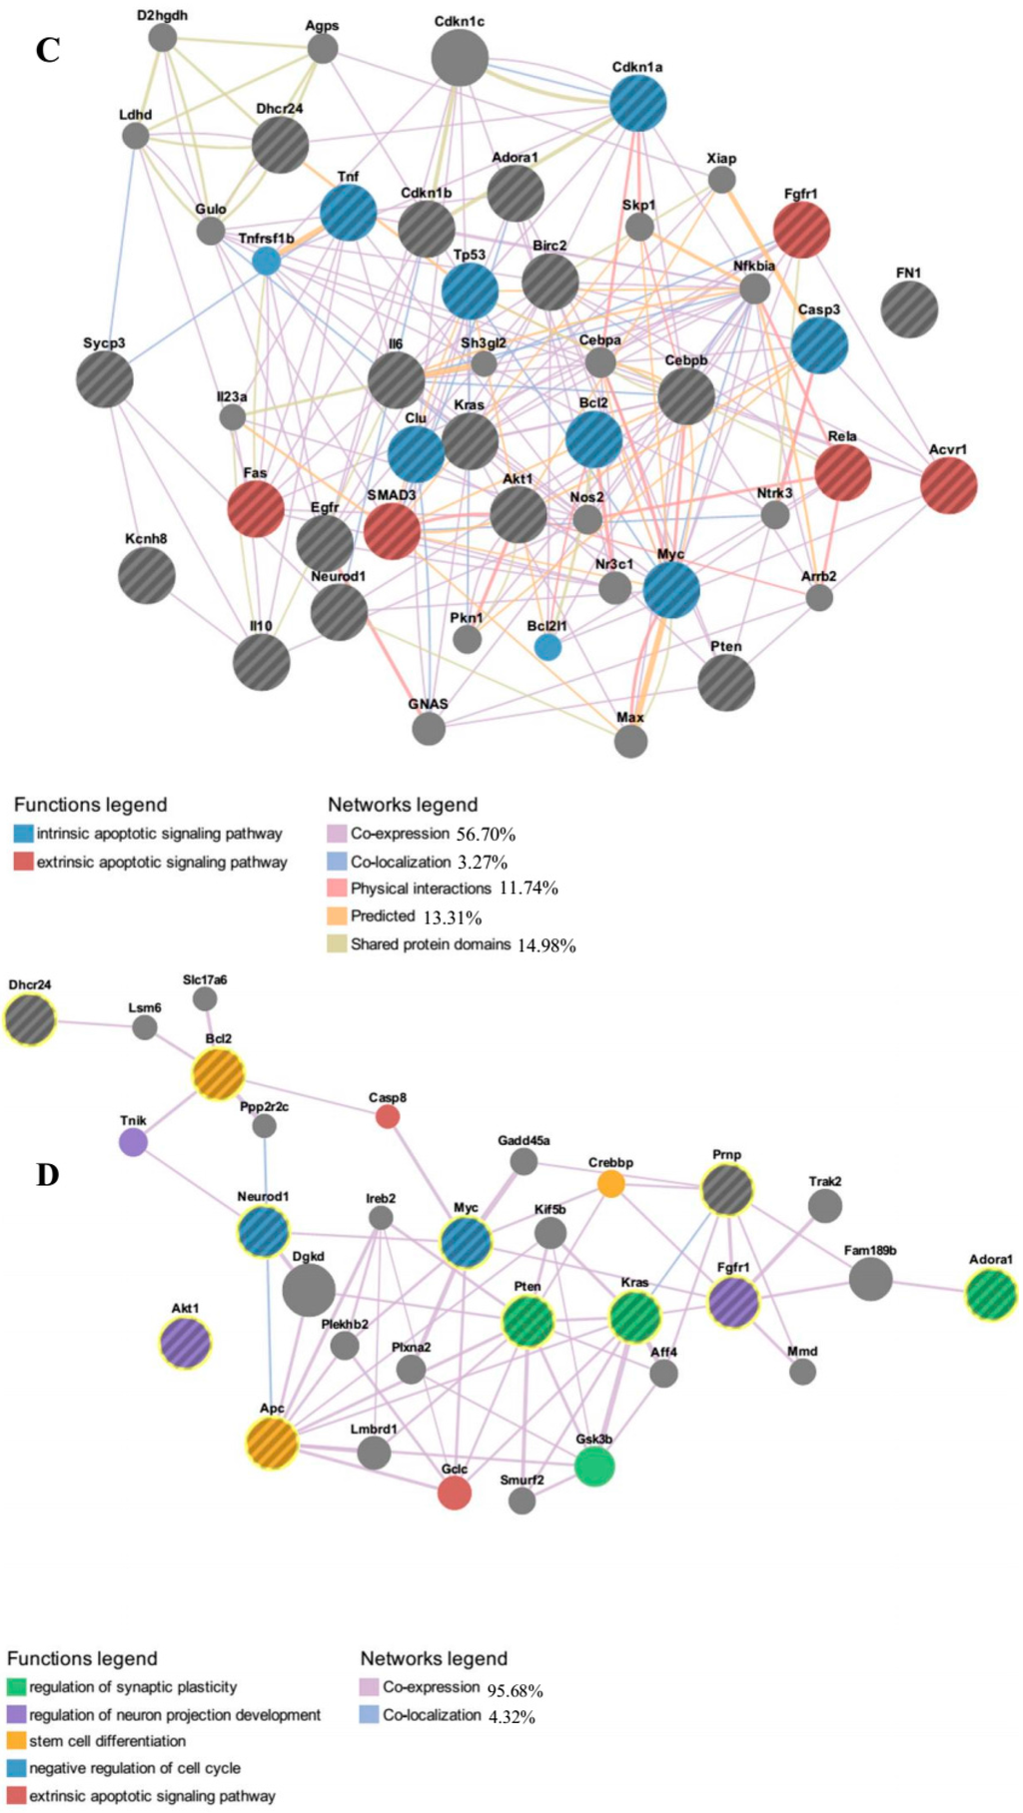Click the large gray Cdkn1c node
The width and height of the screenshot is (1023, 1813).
pos(460,57)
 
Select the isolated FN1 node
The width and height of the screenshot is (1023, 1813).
pos(909,308)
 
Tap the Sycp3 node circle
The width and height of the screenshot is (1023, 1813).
pos(105,379)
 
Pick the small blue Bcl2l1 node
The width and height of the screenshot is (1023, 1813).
pos(547,647)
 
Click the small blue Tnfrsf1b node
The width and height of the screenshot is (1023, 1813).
pos(266,262)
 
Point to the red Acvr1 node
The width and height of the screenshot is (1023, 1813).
pos(948,486)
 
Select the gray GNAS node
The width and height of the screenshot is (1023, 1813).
pos(429,729)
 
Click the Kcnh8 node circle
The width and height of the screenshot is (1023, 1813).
pos(147,575)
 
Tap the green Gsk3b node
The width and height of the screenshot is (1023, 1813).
pos(594,1467)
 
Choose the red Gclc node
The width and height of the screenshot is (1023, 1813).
pos(455,1494)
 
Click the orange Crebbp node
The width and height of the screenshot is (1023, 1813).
pos(610,1184)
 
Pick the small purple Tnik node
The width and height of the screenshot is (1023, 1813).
pos(133,1142)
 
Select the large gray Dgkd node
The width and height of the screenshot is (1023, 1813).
pos(309,1292)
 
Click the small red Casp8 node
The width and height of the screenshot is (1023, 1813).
pos(388,1117)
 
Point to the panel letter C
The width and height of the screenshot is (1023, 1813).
pos(47,50)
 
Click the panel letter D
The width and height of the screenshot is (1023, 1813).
pos(47,1175)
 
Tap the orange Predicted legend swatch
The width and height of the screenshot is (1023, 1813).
pos(337,916)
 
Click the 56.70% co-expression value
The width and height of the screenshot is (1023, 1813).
pos(486,835)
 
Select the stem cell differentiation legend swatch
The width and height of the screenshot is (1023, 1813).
pos(16,1741)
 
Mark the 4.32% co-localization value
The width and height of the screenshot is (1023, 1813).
pos(511,1717)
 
